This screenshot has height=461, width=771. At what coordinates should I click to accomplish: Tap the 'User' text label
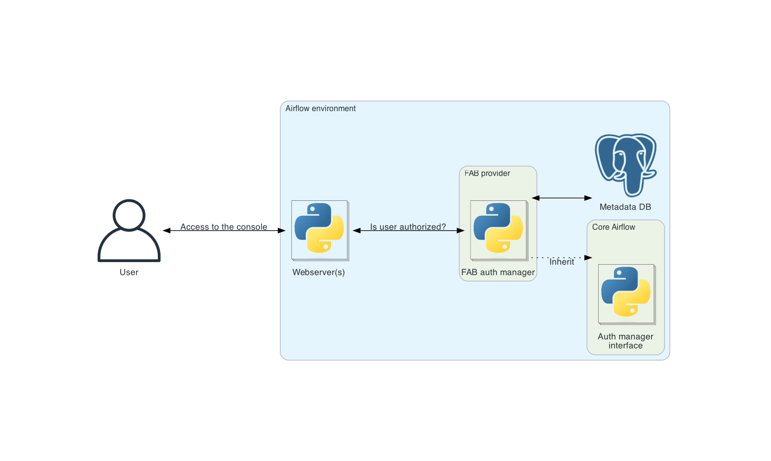click(x=129, y=272)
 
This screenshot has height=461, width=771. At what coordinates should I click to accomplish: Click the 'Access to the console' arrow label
click(x=224, y=227)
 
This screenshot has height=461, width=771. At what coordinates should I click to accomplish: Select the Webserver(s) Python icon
click(x=320, y=230)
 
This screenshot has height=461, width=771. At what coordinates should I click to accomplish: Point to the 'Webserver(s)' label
click(x=318, y=272)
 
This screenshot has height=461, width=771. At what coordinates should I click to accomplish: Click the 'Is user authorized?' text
click(x=408, y=227)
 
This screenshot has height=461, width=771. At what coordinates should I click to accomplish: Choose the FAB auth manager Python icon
click(x=499, y=230)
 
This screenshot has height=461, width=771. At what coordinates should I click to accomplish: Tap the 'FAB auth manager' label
click(x=498, y=272)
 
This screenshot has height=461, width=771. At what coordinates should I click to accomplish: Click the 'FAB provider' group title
click(x=487, y=173)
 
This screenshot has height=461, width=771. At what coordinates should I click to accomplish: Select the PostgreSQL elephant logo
click(x=626, y=164)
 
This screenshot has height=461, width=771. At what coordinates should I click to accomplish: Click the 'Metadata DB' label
click(x=625, y=207)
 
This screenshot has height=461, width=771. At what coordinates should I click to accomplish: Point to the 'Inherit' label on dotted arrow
click(x=562, y=262)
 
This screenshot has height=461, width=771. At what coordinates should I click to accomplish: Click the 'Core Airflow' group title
click(x=613, y=227)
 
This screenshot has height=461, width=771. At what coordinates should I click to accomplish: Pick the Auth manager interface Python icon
click(x=627, y=294)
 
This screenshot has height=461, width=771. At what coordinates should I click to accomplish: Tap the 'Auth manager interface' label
click(x=626, y=341)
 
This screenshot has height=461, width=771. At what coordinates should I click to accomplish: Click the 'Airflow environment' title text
click(x=320, y=109)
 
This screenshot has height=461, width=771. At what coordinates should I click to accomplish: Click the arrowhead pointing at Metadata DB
click(x=588, y=198)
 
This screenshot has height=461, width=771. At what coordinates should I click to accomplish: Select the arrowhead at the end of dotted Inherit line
click(x=588, y=258)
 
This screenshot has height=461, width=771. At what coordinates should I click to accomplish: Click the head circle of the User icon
click(x=129, y=215)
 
